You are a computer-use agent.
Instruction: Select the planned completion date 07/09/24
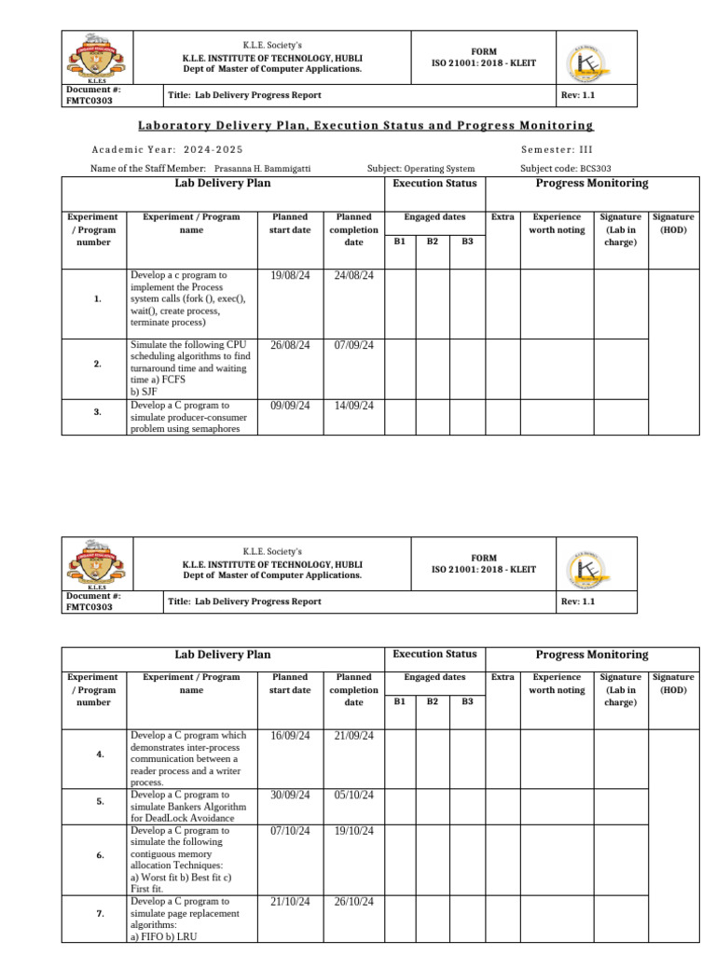[x=353, y=345]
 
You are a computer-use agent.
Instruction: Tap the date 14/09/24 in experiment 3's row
[x=353, y=406]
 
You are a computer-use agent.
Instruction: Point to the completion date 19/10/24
[x=353, y=831]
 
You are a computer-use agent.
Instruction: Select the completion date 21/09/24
[x=353, y=736]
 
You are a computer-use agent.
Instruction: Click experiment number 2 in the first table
[x=98, y=364]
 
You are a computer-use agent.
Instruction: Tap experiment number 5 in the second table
[x=100, y=801]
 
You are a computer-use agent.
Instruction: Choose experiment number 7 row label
[x=100, y=915]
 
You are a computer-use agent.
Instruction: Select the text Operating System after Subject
[x=439, y=169]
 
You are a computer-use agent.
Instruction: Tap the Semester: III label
[x=557, y=150]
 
